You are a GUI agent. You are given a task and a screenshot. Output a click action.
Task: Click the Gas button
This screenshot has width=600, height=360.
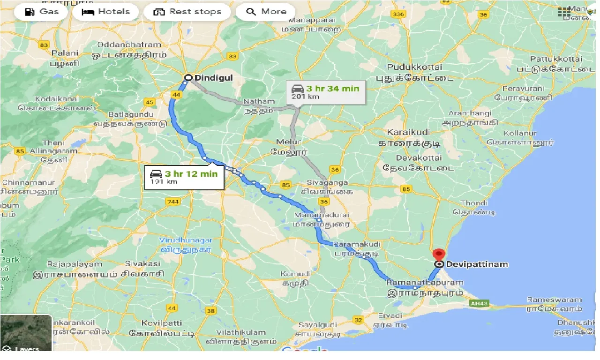[x=43, y=12]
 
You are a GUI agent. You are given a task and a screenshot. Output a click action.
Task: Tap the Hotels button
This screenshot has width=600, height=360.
[x=106, y=12]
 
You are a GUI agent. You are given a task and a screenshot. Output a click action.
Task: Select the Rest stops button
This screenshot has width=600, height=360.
[x=188, y=12]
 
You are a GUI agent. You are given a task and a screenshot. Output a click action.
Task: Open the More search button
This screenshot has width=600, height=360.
[x=266, y=12]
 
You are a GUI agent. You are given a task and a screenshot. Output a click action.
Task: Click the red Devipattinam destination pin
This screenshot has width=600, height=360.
[x=439, y=255]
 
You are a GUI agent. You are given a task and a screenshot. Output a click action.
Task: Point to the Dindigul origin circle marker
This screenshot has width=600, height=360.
[x=188, y=78]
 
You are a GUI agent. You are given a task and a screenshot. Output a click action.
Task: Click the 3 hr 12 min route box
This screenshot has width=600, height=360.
[x=184, y=177]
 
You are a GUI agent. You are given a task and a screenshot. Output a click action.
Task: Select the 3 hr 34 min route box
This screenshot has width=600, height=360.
[x=326, y=92]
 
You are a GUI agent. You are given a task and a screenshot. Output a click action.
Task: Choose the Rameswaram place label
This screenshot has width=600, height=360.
[x=554, y=300]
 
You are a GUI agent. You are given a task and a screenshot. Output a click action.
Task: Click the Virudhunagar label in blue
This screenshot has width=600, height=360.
[x=186, y=240]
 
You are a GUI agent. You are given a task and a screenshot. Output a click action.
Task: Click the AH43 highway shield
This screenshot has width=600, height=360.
[x=477, y=304]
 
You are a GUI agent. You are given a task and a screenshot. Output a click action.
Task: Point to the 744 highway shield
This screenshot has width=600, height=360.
[x=172, y=202]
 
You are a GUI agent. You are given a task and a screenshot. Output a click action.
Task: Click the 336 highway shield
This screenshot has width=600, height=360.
[x=399, y=15]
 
